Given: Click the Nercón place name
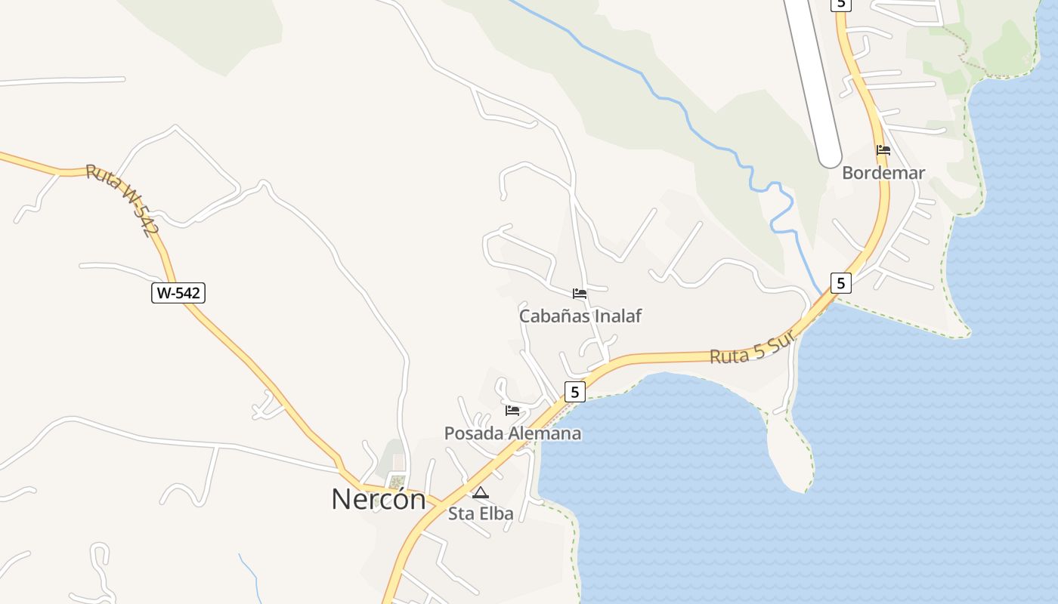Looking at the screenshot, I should (378, 499).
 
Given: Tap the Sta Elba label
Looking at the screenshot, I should (481, 513).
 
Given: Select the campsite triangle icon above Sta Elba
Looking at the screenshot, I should (480, 493).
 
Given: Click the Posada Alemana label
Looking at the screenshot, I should (512, 433).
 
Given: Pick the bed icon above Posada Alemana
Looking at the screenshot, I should (512, 411).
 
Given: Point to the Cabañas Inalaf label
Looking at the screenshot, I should (580, 316).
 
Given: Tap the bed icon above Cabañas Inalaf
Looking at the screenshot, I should (580, 294).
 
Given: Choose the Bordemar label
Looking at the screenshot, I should (883, 173).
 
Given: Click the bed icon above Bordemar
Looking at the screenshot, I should (883, 150).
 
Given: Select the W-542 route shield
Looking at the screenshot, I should (178, 293).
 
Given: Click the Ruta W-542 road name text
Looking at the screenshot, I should (122, 201).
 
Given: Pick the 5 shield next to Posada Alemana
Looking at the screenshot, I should (575, 392).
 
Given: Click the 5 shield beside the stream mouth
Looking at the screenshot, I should (840, 283).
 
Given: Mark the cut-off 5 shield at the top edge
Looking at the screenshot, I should (840, 4).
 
